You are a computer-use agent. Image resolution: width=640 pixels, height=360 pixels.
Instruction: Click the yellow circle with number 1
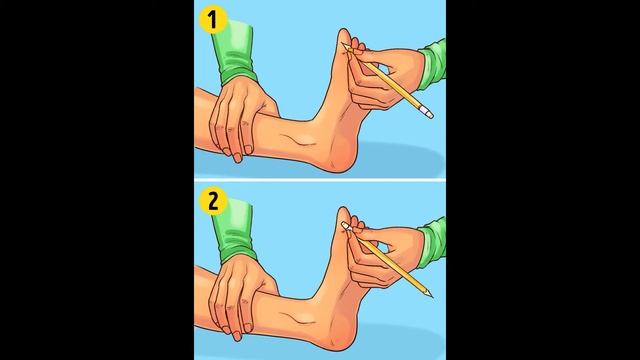coord(213,20)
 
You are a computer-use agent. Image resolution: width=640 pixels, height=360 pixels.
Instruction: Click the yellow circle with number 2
coord(213,201)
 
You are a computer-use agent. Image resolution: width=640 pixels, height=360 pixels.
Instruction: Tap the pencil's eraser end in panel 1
coord(427,113)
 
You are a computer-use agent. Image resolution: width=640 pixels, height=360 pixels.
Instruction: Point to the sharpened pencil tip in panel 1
coord(345,46)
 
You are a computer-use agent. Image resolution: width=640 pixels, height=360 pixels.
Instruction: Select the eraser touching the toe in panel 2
coord(347,227)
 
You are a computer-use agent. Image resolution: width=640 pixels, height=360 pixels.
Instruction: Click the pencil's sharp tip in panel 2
coord(431,296)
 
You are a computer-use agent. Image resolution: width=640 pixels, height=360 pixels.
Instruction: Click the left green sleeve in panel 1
coord(235,53)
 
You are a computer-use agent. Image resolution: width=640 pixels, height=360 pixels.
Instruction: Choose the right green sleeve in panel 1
coord(432,64)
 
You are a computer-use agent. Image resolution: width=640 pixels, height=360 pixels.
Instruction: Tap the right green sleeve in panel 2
coord(432,242)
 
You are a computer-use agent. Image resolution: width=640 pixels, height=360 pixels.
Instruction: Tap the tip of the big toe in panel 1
coord(344,30)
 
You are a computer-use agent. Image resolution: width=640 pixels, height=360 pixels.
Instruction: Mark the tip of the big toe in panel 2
coord(344,209)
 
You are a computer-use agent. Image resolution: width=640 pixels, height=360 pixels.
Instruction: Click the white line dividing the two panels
coord(320,180)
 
